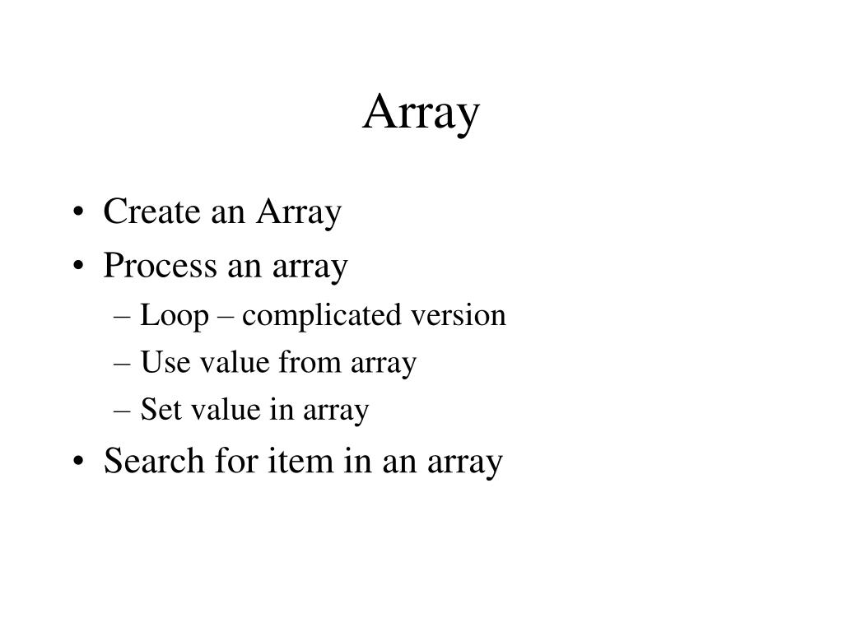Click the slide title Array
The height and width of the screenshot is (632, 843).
click(421, 114)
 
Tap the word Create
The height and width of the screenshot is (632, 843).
click(151, 212)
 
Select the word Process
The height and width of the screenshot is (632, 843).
click(158, 266)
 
